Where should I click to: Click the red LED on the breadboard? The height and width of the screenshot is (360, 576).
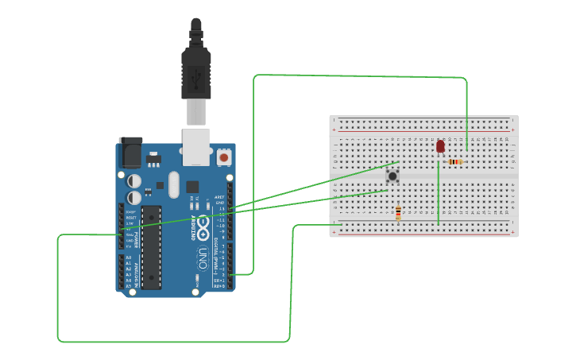click(440, 146)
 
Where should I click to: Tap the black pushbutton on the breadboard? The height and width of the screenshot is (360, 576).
click(392, 176)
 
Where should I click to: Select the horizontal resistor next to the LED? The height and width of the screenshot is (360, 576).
click(455, 162)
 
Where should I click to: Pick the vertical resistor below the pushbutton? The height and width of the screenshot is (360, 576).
click(398, 212)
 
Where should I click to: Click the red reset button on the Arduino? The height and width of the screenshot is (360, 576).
click(224, 157)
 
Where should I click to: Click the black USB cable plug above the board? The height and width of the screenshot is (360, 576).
click(195, 72)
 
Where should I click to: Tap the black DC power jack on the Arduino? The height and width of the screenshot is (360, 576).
click(130, 152)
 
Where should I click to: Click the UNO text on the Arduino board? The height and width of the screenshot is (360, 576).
click(203, 257)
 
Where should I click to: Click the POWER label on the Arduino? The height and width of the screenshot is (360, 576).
click(136, 238)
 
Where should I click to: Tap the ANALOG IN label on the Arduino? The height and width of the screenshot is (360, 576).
click(136, 271)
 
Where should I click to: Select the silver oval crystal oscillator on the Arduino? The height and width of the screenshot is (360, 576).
click(174, 184)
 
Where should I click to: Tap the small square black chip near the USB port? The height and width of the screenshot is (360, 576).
click(192, 187)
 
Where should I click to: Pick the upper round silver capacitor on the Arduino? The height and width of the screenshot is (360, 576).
click(134, 181)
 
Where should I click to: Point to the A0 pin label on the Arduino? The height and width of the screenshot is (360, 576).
click(129, 257)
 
